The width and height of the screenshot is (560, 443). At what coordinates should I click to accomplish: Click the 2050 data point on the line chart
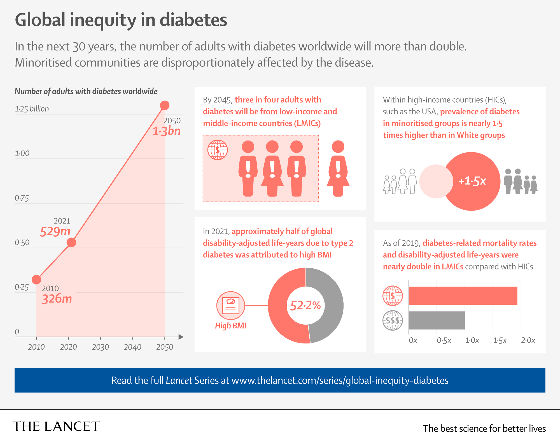(x=165, y=105)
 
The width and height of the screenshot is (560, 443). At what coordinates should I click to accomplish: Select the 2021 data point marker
(x=71, y=242)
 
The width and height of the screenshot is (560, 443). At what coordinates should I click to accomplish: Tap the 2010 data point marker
(x=36, y=280)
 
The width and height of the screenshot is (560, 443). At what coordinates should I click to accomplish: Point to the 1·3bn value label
(x=167, y=131)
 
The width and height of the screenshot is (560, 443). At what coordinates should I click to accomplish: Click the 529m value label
(x=55, y=232)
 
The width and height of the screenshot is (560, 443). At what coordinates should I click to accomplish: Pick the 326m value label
(x=57, y=299)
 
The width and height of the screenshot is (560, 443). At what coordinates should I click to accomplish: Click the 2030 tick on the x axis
(x=101, y=347)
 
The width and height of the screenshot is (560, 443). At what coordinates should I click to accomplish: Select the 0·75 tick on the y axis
(x=22, y=198)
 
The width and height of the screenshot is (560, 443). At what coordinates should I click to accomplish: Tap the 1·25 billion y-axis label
(x=32, y=109)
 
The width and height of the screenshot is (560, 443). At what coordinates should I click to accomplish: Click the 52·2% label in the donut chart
(x=305, y=305)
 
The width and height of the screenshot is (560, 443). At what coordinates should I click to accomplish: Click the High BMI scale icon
(x=231, y=305)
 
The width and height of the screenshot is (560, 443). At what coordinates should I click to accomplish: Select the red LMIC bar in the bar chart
(x=463, y=296)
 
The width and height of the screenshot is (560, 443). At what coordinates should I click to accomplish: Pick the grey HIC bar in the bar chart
(x=437, y=320)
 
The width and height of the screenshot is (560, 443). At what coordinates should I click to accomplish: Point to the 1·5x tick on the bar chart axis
(x=500, y=340)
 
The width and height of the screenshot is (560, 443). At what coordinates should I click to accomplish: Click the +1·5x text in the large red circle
(x=472, y=181)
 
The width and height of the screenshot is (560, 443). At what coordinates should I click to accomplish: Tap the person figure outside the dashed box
(x=338, y=168)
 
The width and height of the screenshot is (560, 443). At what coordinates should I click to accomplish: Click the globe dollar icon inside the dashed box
(x=218, y=150)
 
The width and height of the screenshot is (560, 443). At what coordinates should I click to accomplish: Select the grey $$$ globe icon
(x=393, y=320)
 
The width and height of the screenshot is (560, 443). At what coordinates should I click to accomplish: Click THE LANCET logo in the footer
(x=56, y=426)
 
